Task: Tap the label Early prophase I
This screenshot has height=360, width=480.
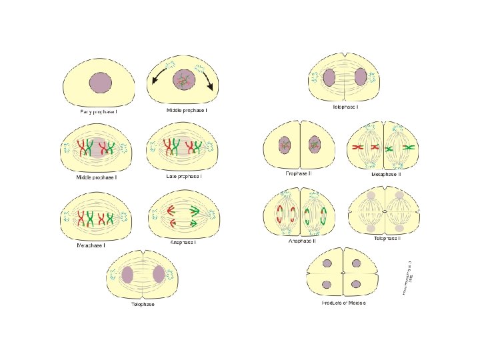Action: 99,111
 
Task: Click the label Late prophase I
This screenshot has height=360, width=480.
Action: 184,177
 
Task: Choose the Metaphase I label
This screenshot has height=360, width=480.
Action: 92,245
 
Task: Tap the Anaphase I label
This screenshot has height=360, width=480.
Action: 184,241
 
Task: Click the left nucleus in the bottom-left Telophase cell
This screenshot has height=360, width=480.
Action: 127,275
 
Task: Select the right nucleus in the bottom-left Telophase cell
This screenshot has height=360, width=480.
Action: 159,274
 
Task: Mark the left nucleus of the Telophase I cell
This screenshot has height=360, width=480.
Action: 329,77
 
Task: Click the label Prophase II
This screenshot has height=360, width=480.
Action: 299,173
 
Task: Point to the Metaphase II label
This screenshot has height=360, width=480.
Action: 386,174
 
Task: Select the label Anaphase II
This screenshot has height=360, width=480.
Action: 302,241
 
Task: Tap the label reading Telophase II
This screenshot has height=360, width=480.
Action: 387,238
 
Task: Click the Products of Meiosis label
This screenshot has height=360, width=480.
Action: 340,303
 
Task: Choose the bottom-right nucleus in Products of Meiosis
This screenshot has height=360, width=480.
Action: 356,285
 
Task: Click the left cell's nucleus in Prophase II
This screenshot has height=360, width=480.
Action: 285,143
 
